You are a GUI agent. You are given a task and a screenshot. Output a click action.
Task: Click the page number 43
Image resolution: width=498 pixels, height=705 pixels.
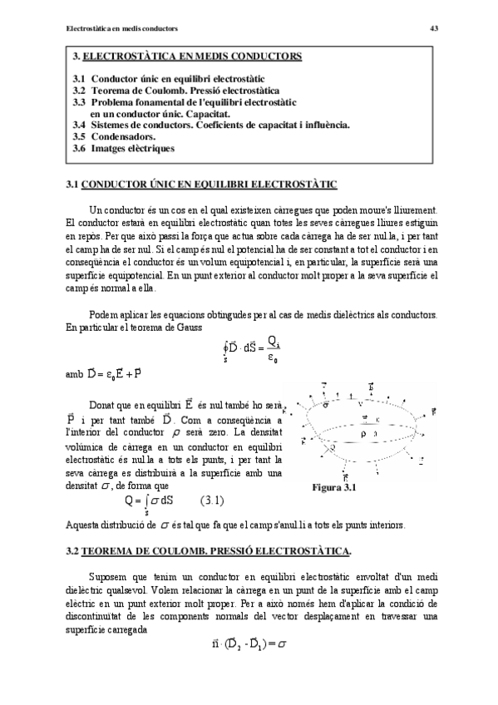pyautogui.click(x=433, y=27)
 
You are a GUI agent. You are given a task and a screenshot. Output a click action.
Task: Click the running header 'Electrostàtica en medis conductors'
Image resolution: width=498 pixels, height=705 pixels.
pyautogui.click(x=121, y=27)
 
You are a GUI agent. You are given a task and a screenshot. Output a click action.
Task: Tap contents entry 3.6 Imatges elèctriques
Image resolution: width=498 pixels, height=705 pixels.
pyautogui.click(x=123, y=148)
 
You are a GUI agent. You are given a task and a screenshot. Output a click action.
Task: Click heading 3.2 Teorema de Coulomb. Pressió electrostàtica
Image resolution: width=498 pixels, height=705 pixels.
pyautogui.click(x=208, y=550)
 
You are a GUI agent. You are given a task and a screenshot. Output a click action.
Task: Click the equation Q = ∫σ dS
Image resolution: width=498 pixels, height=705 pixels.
pyautogui.click(x=150, y=502)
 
